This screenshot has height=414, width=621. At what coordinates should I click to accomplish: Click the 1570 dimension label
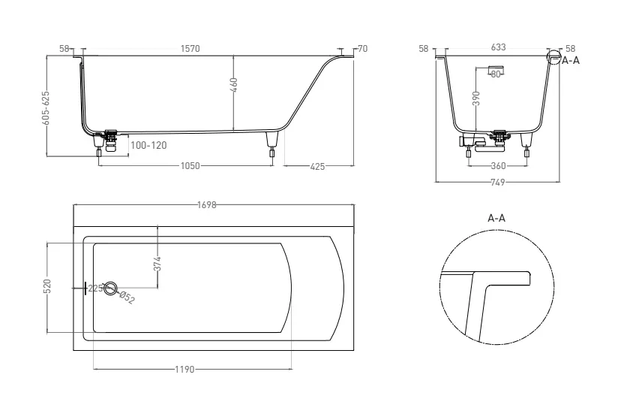190,49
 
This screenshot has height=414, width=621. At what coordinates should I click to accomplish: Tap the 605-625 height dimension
46,108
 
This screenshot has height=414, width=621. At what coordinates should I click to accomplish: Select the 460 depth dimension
234,85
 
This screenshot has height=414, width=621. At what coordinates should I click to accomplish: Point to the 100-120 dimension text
149,145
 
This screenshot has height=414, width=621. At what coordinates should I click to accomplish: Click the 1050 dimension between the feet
190,166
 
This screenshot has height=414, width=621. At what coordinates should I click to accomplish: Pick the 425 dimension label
318,167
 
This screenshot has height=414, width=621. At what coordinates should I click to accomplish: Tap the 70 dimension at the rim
362,49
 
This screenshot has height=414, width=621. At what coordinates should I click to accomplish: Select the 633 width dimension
498,47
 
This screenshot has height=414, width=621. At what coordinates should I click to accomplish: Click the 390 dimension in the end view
476,98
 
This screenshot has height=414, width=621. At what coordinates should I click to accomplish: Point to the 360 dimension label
498,166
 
